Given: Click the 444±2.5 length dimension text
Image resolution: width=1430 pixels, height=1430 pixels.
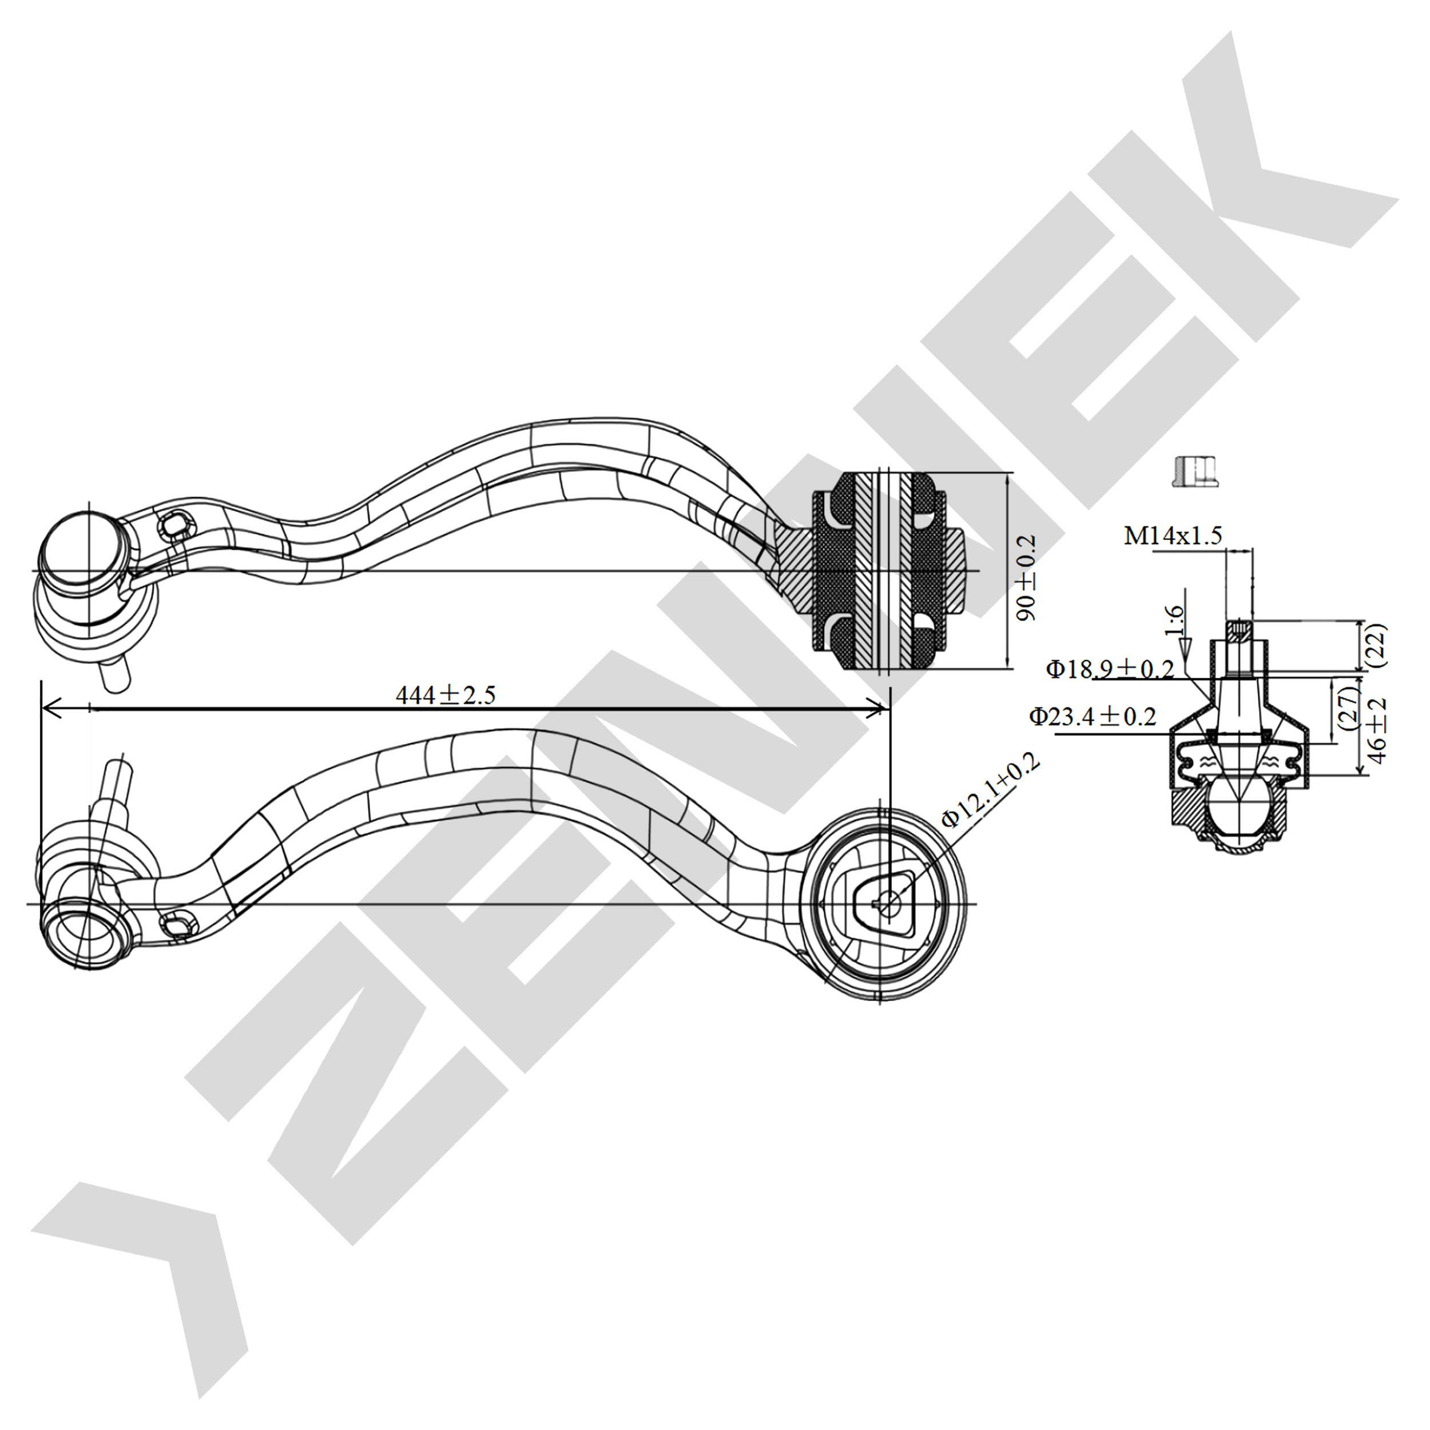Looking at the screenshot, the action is (x=445, y=694).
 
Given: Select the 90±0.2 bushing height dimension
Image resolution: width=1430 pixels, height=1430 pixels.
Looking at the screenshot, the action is (x=1026, y=578).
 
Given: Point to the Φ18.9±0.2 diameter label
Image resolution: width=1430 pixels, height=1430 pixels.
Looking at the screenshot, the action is (x=1110, y=669).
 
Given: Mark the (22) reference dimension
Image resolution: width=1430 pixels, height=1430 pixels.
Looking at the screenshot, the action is (x=1377, y=645).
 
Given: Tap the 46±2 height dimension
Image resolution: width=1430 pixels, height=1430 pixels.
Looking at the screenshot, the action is (x=1377, y=730).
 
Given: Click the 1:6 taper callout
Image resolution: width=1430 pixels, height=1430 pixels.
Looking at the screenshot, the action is (x=1174, y=620).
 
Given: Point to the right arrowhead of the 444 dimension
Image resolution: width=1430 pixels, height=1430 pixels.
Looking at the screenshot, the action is (x=879, y=710).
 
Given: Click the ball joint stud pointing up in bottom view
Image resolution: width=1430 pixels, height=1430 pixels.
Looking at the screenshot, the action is (x=117, y=781).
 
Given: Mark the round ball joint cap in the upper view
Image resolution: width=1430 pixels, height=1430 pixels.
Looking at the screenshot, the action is (x=78, y=546).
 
